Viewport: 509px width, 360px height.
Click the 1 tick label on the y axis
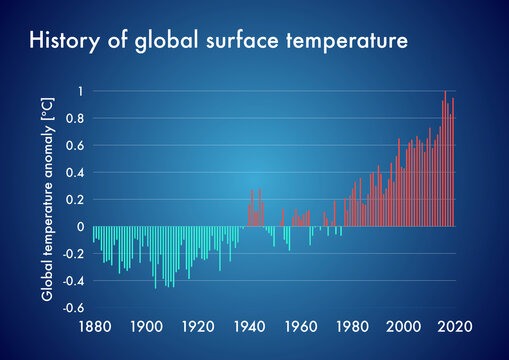pos(81,92)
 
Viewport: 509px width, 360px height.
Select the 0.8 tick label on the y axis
pos(76,119)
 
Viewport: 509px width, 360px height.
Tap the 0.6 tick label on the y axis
pos(76,146)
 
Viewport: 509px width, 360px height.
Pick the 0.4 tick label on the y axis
pos(76,173)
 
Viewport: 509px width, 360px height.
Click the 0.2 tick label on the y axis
pos(76,200)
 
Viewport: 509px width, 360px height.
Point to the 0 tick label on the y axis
pos(81,227)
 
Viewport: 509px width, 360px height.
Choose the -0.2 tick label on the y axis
pos(73,254)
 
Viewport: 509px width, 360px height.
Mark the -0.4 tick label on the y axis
pos(73,281)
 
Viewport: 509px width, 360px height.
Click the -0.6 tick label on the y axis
pos(73,308)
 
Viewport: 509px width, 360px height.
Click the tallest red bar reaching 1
pos(446,160)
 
